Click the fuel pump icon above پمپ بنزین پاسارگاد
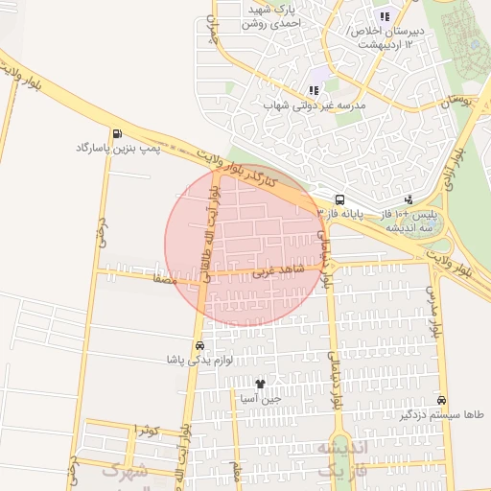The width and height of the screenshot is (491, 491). click(117, 134)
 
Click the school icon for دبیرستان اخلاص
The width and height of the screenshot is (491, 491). click(385, 16)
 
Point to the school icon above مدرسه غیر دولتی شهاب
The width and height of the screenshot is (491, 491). click(314, 90)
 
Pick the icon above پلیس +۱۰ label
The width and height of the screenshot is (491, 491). click(409, 199)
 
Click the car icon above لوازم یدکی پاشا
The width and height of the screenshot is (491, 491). click(199, 345)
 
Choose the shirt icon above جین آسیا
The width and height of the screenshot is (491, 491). click(260, 383)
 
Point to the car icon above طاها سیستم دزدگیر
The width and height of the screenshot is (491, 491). click(441, 399)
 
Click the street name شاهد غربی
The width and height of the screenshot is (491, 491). click(278, 271)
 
